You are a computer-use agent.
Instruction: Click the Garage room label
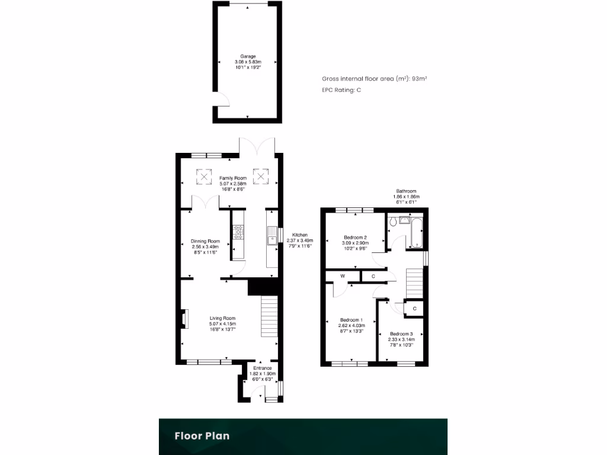pyautogui.click(x=247, y=56)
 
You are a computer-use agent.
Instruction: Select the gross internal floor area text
pyautogui.click(x=375, y=78)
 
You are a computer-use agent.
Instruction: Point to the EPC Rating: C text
pyautogui.click(x=341, y=90)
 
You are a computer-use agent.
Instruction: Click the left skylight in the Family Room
pyautogui.click(x=204, y=175)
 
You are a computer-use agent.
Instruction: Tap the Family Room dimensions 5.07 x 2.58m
pyautogui.click(x=233, y=184)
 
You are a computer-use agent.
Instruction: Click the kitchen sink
pyautogui.click(x=272, y=235)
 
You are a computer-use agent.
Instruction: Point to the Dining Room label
pyautogui.click(x=205, y=241)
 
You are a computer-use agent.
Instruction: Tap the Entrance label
pyautogui.click(x=261, y=368)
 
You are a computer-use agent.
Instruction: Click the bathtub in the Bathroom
pyautogui.click(x=416, y=233)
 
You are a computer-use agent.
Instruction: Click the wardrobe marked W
pyautogui.click(x=343, y=276)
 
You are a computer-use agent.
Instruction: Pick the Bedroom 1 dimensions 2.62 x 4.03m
pyautogui.click(x=352, y=325)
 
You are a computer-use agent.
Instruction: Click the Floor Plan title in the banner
pyautogui.click(x=202, y=436)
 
